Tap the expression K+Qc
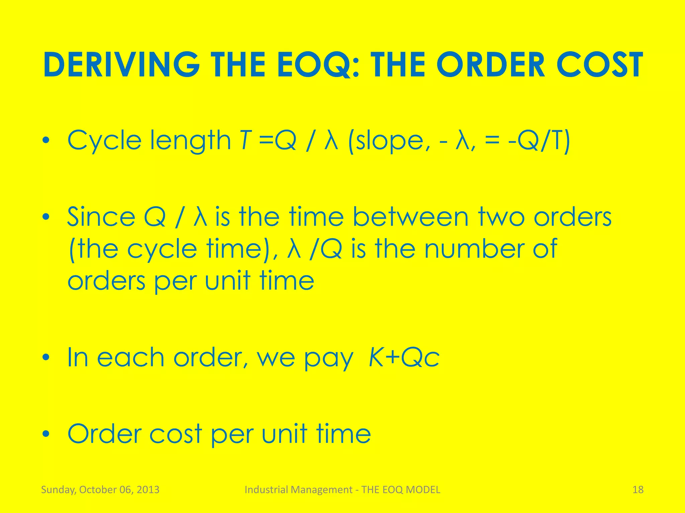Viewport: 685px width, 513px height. coord(404,358)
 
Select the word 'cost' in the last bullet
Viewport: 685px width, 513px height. coord(176,434)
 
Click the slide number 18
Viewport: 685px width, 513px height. coord(638,490)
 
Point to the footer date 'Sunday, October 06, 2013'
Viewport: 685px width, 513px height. coord(100,490)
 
